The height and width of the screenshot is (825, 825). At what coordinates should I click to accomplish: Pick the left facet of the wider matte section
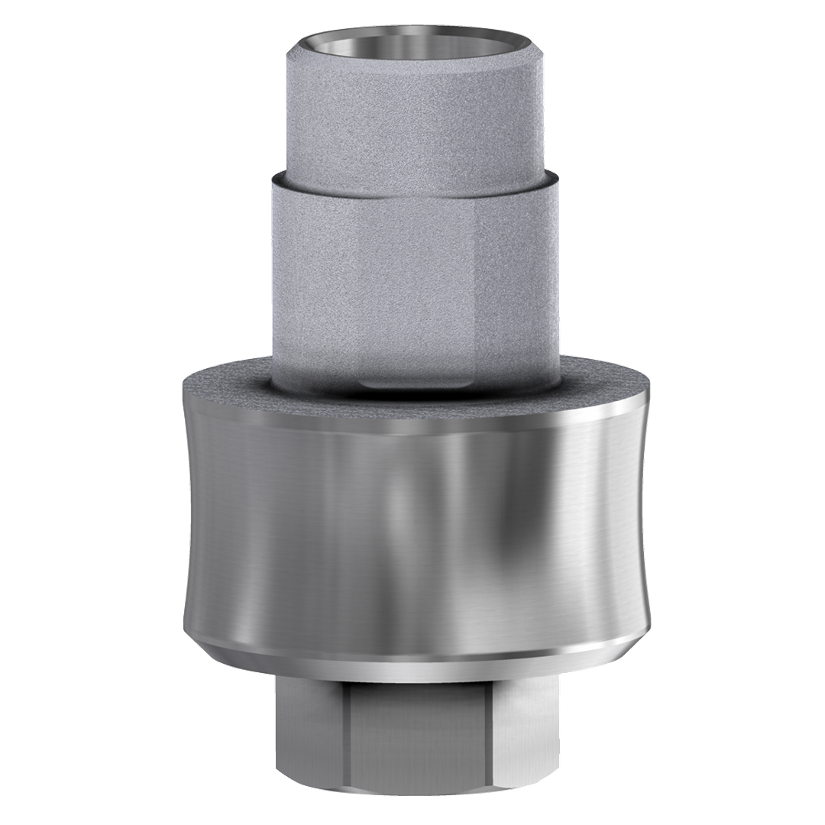tap(306, 267)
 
